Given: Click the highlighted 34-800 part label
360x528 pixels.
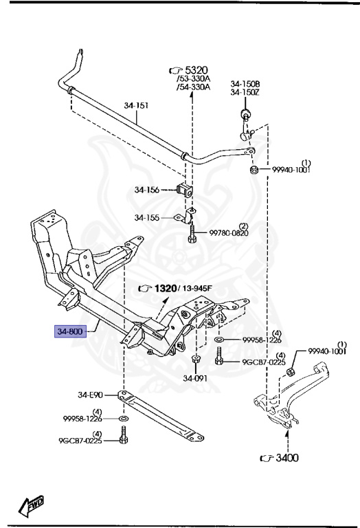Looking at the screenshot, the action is (x=70, y=331).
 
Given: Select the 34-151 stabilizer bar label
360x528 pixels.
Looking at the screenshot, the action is (x=136, y=105).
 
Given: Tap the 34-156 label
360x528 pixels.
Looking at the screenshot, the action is (x=147, y=190).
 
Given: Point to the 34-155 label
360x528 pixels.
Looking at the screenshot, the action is (x=147, y=217).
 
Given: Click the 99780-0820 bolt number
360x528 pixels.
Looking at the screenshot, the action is (x=229, y=232).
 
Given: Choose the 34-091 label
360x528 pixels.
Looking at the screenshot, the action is (x=195, y=378).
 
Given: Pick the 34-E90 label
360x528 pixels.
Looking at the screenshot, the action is (x=90, y=395).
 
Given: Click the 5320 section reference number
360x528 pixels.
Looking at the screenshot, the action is (x=196, y=70).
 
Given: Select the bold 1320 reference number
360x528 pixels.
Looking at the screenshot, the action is (x=166, y=288).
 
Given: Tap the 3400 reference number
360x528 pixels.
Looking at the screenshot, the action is (x=287, y=458).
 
